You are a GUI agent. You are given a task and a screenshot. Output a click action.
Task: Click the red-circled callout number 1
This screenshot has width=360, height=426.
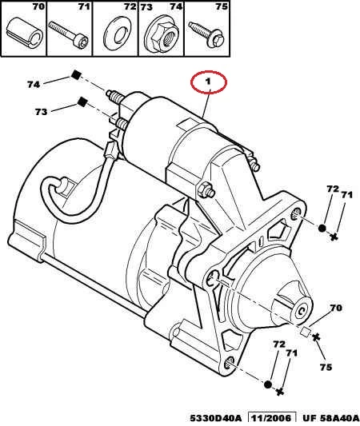208,82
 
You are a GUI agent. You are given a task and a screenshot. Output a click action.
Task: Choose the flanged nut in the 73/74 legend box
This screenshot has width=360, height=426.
162,36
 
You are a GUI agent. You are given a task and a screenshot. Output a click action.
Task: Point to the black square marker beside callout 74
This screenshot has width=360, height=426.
76,74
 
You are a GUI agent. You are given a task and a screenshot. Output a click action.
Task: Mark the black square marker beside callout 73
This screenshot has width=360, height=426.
82,102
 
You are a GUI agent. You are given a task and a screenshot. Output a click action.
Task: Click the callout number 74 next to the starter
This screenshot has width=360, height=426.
34,85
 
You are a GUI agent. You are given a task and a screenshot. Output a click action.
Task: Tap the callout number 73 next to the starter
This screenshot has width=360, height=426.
41,112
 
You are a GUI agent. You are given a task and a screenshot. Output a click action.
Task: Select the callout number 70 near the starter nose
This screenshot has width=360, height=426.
336,308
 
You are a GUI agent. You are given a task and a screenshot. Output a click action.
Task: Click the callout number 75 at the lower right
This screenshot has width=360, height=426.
326,367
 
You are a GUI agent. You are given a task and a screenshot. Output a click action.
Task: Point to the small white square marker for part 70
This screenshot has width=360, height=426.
306,332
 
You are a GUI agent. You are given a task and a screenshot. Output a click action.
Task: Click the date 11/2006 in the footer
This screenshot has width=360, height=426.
272,418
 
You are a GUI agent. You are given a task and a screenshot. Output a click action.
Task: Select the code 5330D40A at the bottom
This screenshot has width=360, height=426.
216,418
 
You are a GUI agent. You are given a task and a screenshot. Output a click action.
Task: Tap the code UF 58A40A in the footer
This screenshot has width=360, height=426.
330,418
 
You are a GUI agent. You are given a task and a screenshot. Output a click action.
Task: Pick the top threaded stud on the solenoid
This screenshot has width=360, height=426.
114,96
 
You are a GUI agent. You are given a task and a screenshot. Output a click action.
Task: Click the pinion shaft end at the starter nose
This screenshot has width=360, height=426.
301,312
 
